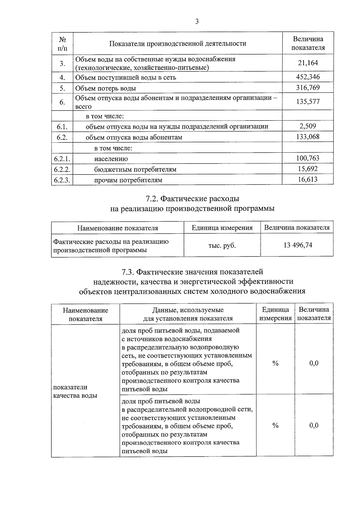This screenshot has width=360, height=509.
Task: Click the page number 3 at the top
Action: point(197,22)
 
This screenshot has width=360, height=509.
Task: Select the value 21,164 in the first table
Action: point(308,63)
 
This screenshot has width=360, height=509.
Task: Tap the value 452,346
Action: point(308,77)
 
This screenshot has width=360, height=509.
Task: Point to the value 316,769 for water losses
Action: point(308,88)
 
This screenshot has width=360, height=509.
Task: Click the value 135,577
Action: point(308,101)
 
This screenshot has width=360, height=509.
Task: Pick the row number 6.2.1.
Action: point(62,159)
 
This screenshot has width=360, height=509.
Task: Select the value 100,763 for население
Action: point(308,158)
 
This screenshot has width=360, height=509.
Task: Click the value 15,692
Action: point(308,169)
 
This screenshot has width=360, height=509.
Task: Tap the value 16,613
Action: point(308,180)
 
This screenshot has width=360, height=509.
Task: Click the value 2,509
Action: point(308,126)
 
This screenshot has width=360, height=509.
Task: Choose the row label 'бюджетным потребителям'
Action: point(135,170)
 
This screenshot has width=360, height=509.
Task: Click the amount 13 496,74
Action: point(298,245)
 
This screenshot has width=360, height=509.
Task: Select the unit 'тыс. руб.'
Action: point(222,246)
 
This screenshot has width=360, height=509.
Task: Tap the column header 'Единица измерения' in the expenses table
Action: point(222,228)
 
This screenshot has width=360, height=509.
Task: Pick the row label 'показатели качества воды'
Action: point(75,391)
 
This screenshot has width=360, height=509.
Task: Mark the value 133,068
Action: point(308,137)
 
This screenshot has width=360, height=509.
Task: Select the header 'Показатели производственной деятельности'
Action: point(178,44)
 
